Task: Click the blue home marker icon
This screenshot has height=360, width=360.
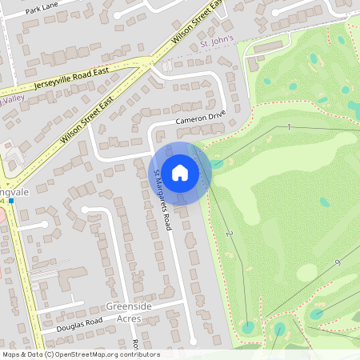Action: pos(180,172)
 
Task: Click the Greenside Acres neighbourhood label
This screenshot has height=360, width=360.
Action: pos(123,312)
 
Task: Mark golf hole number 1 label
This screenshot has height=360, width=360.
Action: pos(289,127)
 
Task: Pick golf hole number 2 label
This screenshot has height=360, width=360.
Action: pos(229,234)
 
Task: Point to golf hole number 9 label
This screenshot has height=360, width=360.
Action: pos(338,263)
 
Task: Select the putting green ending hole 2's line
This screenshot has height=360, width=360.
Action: pos(248,326)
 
